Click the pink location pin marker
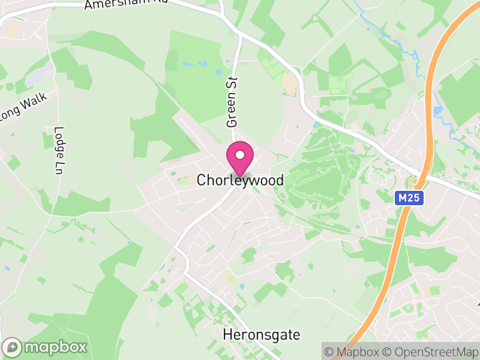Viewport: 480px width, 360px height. (x=239, y=157)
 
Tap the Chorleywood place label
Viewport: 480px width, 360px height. (x=240, y=180)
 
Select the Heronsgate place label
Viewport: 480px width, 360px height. (x=261, y=334)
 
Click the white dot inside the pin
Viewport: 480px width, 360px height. (x=239, y=154)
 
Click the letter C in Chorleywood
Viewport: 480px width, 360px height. (x=202, y=180)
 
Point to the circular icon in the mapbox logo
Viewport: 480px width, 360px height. (x=13, y=347)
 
